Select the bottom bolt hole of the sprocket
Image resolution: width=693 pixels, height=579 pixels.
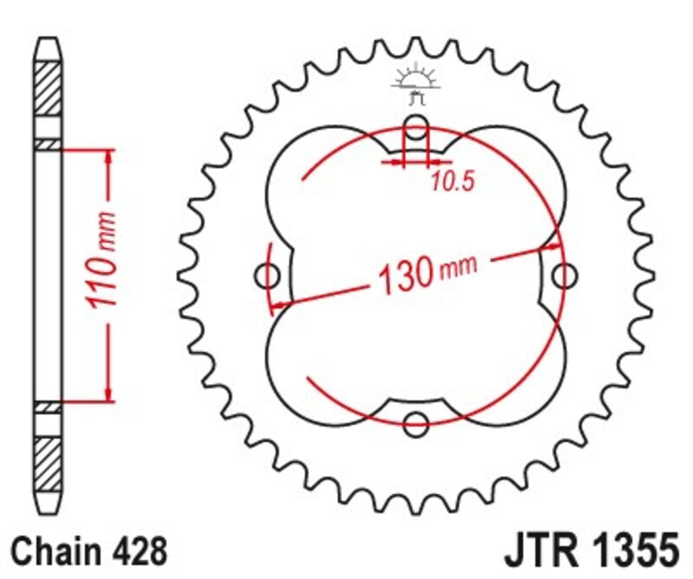417,424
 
